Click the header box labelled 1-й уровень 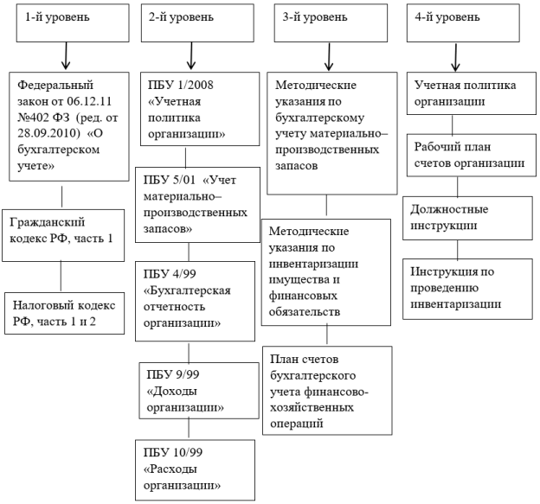click(73, 23)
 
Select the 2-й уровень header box click(197, 23)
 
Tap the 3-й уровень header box click(331, 23)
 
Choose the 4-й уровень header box click(463, 23)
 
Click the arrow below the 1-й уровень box click(66, 55)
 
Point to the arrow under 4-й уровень click(455, 57)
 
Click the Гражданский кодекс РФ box click(63, 236)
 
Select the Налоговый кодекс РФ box click(64, 314)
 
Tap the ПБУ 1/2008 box click(200, 109)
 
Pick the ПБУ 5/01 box click(197, 205)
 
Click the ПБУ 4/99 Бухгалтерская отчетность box click(195, 302)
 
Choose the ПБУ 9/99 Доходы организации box click(199, 391)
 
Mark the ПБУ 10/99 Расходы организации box click(195, 470)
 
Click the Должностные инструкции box click(467, 218)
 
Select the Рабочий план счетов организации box click(472, 156)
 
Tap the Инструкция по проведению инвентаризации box click(467, 289)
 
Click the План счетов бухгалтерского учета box click(327, 391)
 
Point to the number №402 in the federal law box click(34, 118)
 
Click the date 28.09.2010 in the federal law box click(47, 133)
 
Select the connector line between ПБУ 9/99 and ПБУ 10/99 click(189, 428)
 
